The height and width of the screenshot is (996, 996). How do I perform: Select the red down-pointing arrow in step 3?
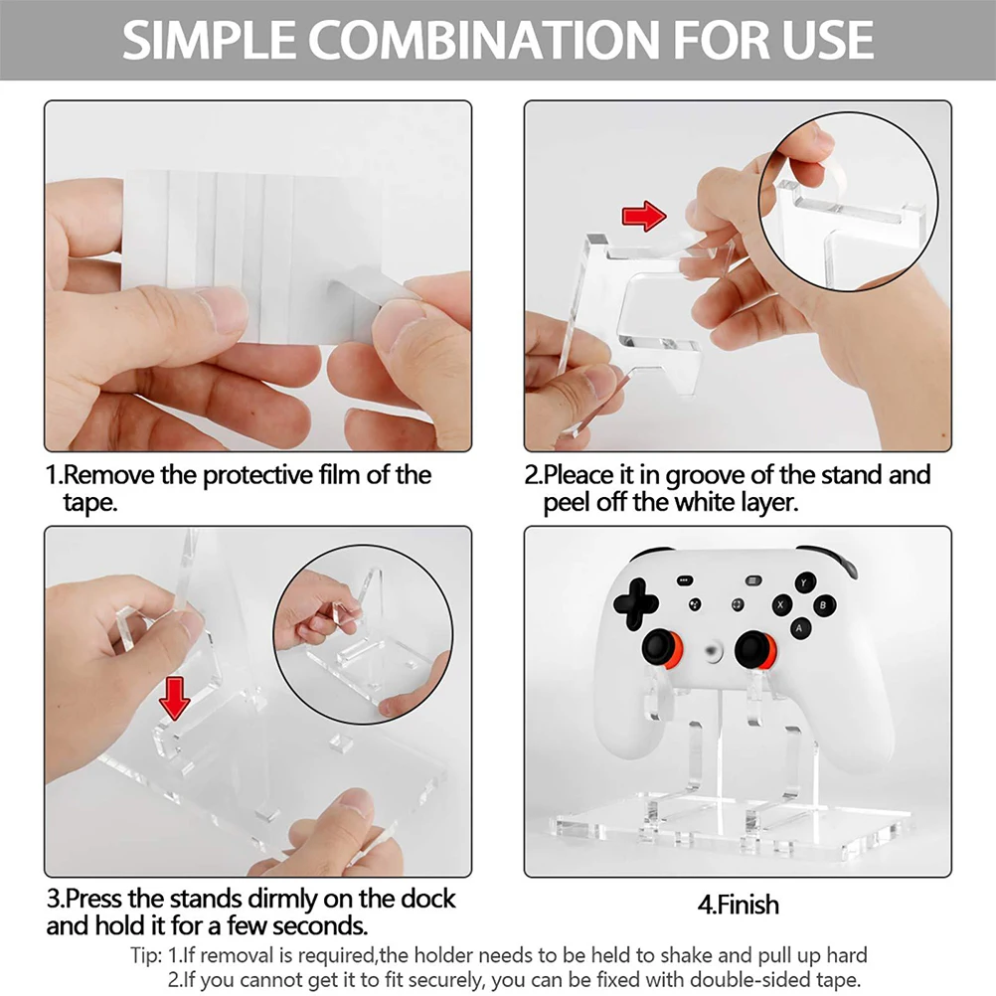[175, 700]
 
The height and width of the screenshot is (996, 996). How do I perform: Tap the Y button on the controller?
[803, 581]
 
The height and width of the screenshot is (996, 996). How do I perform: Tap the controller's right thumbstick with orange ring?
[754, 649]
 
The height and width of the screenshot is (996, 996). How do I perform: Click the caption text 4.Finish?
[737, 905]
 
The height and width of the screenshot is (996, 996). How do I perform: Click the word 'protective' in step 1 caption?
[265, 475]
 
